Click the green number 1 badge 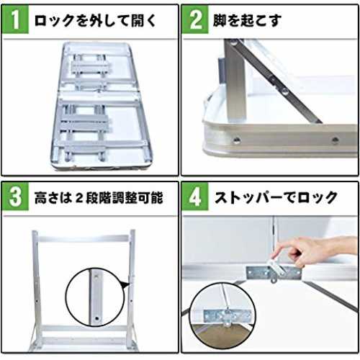15,19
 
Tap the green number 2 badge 195,19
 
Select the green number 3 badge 15,197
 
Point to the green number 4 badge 195,197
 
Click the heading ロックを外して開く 95,20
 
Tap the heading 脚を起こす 247,20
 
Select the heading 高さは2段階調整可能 99,197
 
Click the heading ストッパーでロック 276,197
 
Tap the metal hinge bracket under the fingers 274,273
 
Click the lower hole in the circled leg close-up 97,319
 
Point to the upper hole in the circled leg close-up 96,276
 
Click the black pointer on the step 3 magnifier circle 126,284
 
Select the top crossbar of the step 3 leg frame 84,238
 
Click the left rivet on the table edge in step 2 237,140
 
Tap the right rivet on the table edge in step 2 335,140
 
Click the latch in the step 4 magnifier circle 227,316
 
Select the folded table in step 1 102,106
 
